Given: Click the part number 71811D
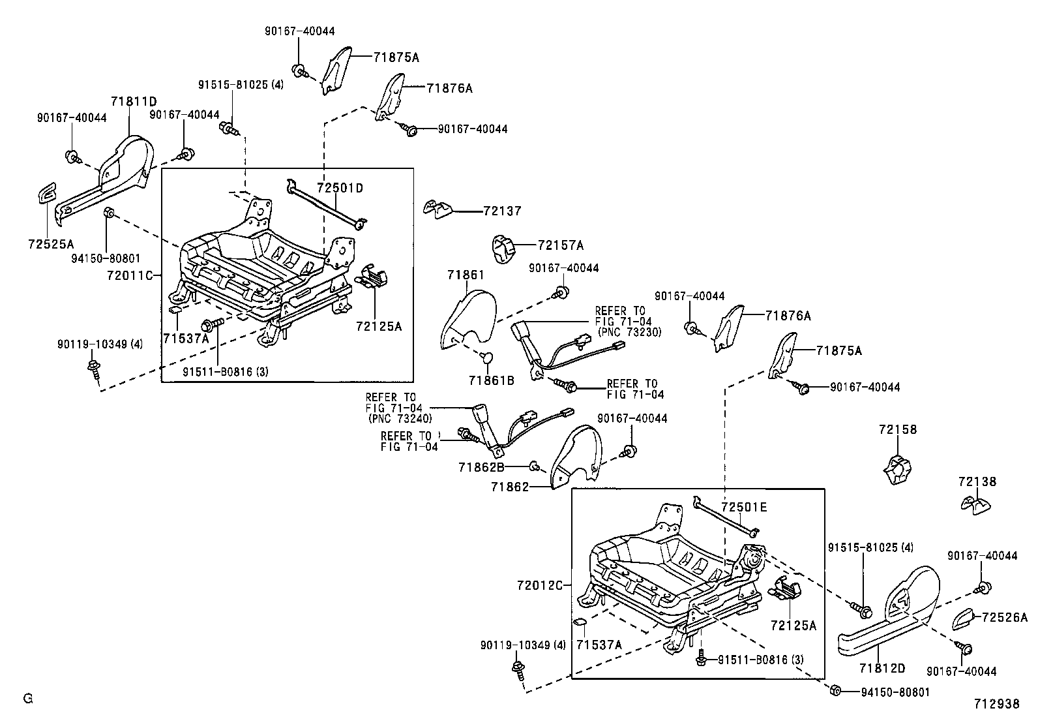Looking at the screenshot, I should tap(134, 101).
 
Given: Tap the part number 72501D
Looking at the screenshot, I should tap(340, 188).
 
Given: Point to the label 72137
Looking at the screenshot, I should tap(502, 211).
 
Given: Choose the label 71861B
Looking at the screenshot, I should tap(491, 380).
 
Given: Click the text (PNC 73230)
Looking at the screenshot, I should tap(628, 331).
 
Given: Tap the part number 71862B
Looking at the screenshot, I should tap(481, 466).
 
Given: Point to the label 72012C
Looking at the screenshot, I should tap(539, 585).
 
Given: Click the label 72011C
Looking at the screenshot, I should tap(129, 275).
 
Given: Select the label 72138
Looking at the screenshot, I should tap(977, 481).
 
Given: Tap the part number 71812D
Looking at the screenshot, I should tap(882, 668).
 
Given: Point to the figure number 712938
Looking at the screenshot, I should tap(996, 704).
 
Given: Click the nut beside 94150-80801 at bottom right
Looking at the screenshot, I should tap(835, 690).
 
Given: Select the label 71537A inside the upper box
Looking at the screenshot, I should tap(186, 339).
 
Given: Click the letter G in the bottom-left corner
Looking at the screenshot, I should tap(27, 699).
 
